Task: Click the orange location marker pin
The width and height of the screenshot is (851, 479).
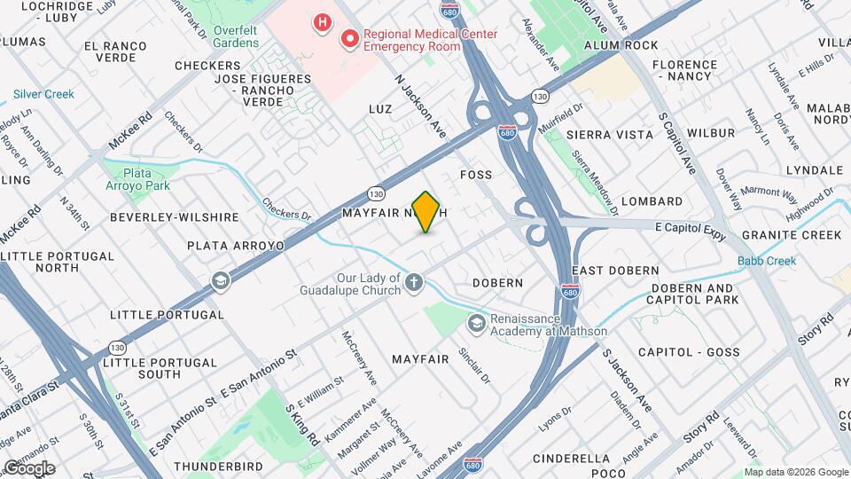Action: coord(426,212)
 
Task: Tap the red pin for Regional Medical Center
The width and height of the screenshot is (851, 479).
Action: coord(351,38)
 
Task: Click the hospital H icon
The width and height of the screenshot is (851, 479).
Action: coord(323,20)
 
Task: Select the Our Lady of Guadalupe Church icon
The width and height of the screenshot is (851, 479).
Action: coord(414,282)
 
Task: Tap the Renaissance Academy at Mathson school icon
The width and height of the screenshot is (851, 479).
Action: coord(477,324)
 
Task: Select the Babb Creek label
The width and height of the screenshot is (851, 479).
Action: coord(767,260)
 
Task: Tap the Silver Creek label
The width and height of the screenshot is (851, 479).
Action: coord(43,92)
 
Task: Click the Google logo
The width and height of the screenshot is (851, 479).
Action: coord(28,467)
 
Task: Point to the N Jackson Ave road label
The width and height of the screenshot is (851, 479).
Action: coord(420,103)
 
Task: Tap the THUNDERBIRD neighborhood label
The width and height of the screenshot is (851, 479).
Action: coord(219,466)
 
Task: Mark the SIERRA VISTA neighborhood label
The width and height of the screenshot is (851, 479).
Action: coord(609,134)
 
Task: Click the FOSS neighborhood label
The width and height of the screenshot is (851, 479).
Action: coord(475,175)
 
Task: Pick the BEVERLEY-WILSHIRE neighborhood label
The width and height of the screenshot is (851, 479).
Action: coord(175,217)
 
